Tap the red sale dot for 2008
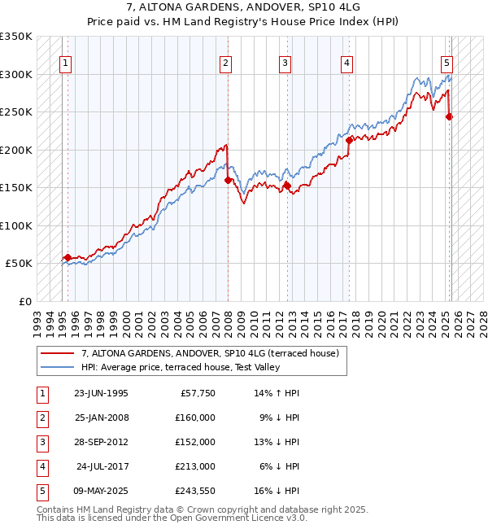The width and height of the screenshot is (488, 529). (x=228, y=180)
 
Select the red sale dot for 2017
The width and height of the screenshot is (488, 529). (x=349, y=140)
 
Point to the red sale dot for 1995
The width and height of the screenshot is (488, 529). (x=68, y=257)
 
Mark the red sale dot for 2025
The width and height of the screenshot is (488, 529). (x=450, y=116)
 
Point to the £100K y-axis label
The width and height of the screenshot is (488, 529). (x=16, y=225)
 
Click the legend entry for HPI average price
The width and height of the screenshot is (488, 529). (x=181, y=368)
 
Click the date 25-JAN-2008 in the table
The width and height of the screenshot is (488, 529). (x=101, y=418)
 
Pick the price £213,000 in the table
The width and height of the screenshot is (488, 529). (x=195, y=466)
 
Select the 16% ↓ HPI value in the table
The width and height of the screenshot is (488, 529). (x=277, y=491)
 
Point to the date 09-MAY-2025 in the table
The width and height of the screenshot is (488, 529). (x=101, y=491)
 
